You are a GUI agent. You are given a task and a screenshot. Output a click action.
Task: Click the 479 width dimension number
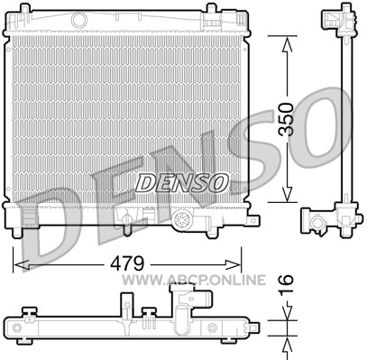tap(127, 263)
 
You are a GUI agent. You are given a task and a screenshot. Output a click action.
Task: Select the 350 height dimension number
tap(286, 119)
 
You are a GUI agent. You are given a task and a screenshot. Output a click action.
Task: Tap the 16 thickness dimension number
tap(286, 284)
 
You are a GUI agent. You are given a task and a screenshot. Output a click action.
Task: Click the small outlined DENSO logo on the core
tap(181, 183)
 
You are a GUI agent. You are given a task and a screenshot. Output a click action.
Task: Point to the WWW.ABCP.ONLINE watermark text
tap(194, 280)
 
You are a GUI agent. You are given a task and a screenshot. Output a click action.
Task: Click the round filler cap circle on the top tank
tap(79, 20)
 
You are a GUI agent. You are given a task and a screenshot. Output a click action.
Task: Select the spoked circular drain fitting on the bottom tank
tap(182, 219)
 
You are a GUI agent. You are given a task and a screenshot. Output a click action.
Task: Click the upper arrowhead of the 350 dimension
tap(288, 44)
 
